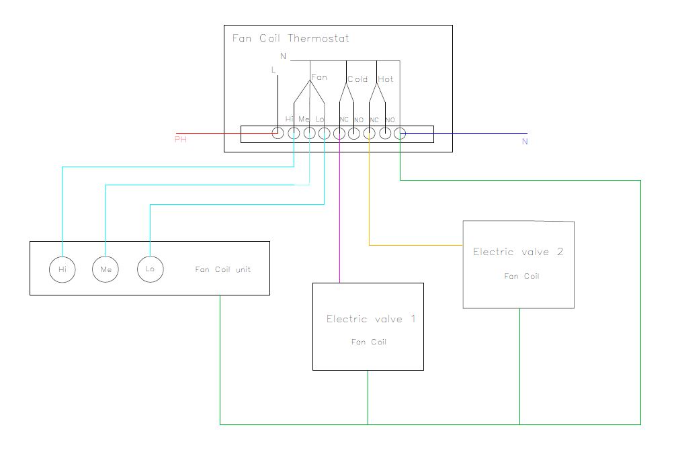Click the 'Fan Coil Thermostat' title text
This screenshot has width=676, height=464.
point(290,38)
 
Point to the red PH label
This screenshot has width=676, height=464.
point(181,140)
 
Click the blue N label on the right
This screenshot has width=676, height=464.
point(525,141)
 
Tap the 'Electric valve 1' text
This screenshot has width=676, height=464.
point(371,319)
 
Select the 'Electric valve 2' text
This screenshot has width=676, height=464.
point(518,252)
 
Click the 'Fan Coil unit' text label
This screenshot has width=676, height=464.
point(222,269)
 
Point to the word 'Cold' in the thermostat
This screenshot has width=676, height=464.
point(357,79)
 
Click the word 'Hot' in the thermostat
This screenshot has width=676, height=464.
point(386,79)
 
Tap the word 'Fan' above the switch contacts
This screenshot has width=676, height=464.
point(319,77)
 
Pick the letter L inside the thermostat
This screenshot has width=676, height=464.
point(273,70)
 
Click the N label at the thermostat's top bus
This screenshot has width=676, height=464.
point(284,56)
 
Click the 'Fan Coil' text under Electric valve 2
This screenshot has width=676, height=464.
point(521,276)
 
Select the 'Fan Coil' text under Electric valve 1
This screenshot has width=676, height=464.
point(369,342)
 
